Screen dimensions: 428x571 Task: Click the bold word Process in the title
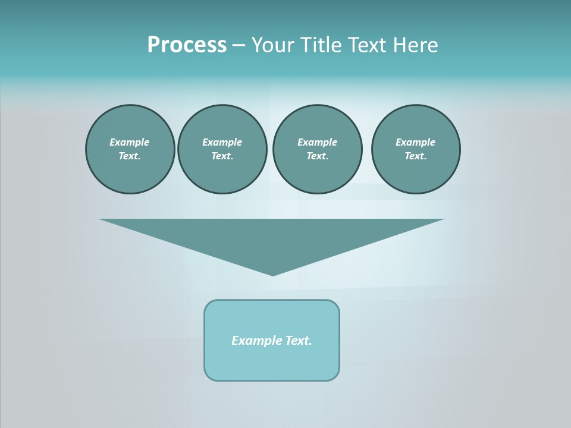pyautogui.click(x=187, y=45)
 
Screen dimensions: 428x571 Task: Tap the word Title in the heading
pyautogui.click(x=321, y=45)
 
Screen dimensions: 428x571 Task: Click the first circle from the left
pyautogui.click(x=130, y=149)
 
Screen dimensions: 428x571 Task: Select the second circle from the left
pyautogui.click(x=222, y=149)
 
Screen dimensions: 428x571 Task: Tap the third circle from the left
pyautogui.click(x=317, y=149)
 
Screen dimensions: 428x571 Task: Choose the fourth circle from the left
pyautogui.click(x=416, y=149)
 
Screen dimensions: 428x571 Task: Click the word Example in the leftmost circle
pyautogui.click(x=130, y=142)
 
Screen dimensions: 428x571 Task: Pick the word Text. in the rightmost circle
pyautogui.click(x=416, y=156)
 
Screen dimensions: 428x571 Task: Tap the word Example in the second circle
pyautogui.click(x=222, y=142)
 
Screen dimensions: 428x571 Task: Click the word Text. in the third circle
pyautogui.click(x=317, y=156)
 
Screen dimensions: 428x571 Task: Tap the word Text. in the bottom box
pyautogui.click(x=299, y=341)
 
